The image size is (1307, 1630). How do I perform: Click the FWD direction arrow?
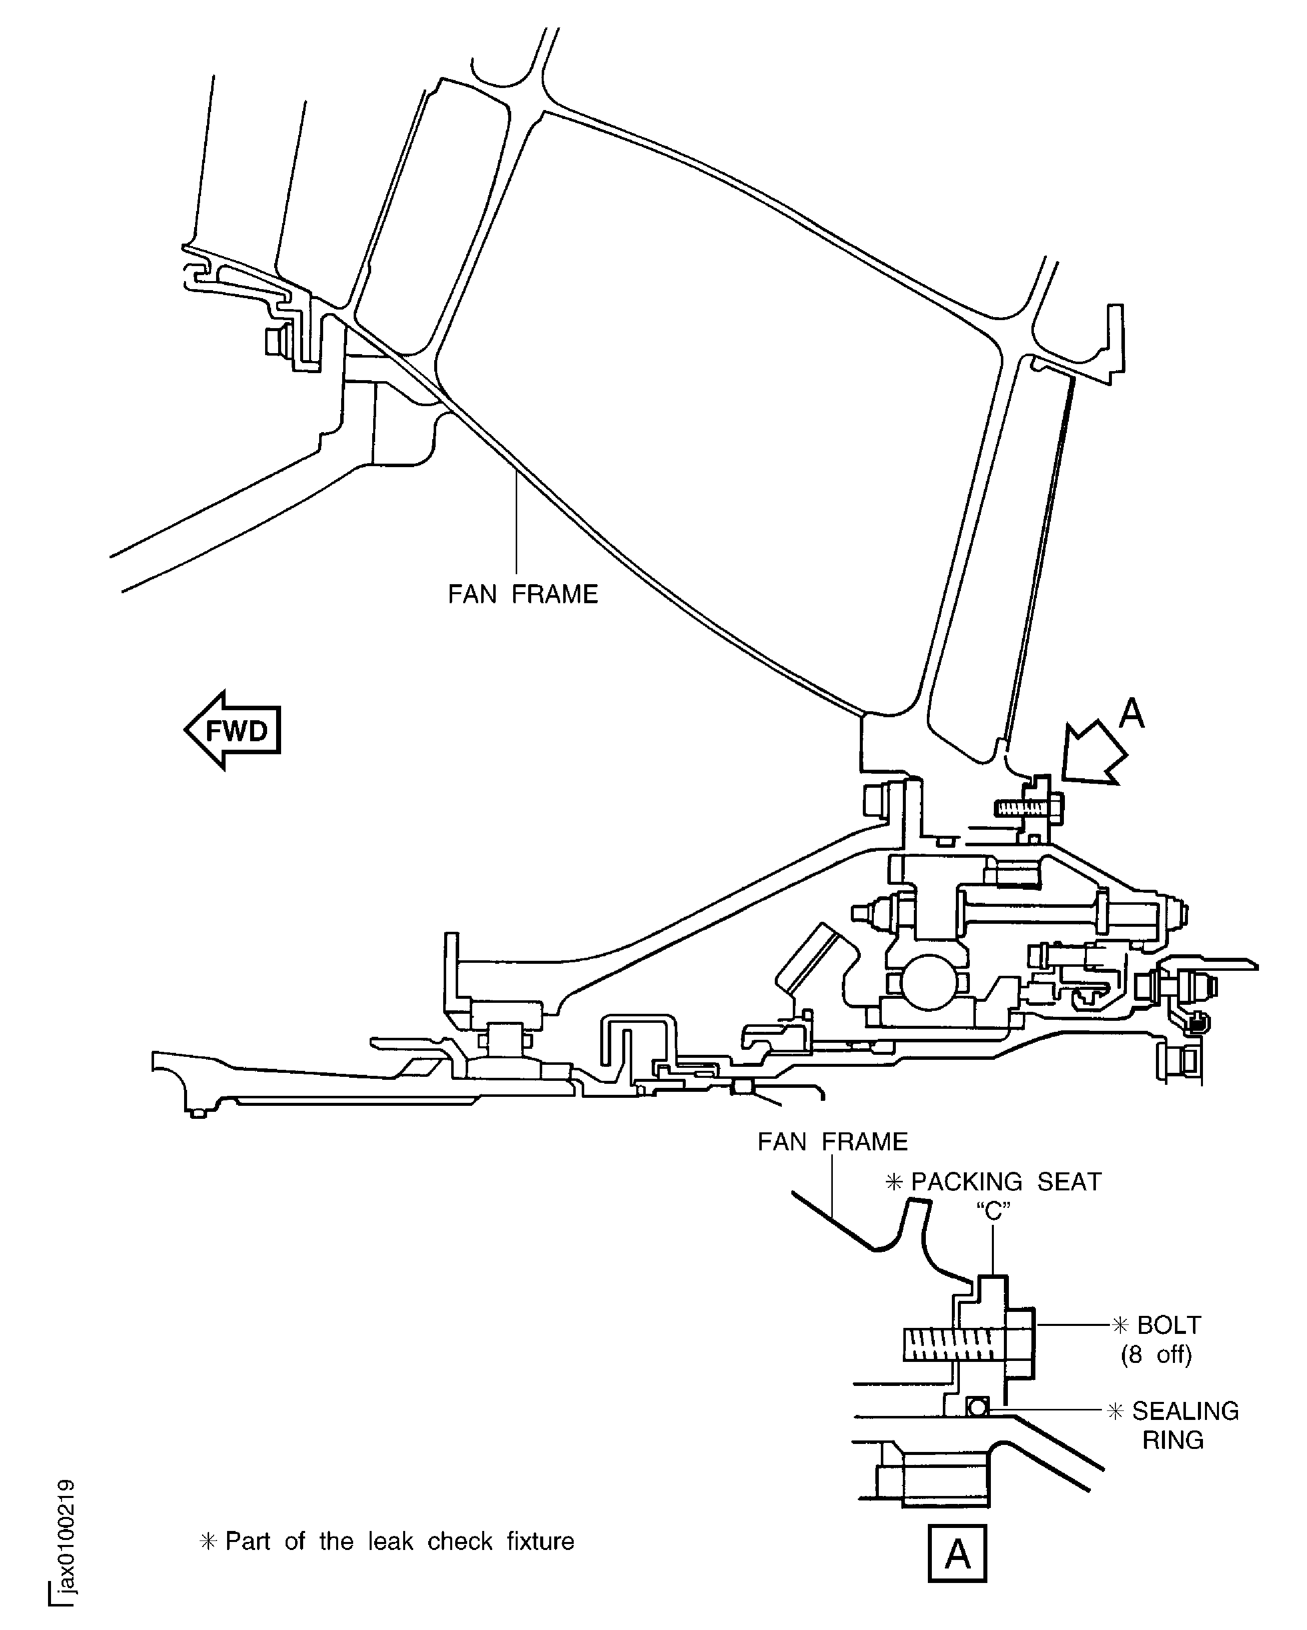[x=233, y=730]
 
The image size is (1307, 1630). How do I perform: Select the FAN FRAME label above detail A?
[x=832, y=1142]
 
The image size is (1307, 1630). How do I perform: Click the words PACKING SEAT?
[x=1005, y=1182]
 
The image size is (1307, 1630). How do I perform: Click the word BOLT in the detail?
[x=1168, y=1325]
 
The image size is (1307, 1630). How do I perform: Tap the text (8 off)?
[x=1156, y=1354]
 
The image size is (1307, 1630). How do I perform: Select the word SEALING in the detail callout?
[x=1184, y=1411]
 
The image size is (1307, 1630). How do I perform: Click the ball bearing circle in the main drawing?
[x=929, y=981]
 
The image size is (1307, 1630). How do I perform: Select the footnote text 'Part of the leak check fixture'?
[x=399, y=1541]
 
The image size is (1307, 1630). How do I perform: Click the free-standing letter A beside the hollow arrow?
[x=1131, y=713]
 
